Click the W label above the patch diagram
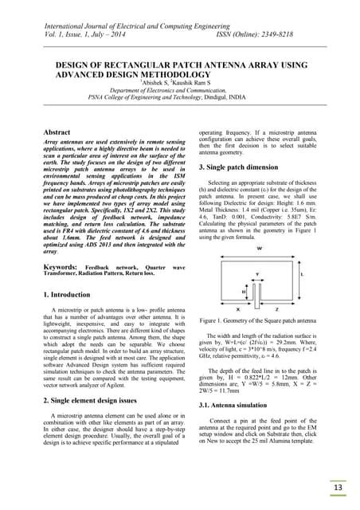[x=260, y=226]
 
